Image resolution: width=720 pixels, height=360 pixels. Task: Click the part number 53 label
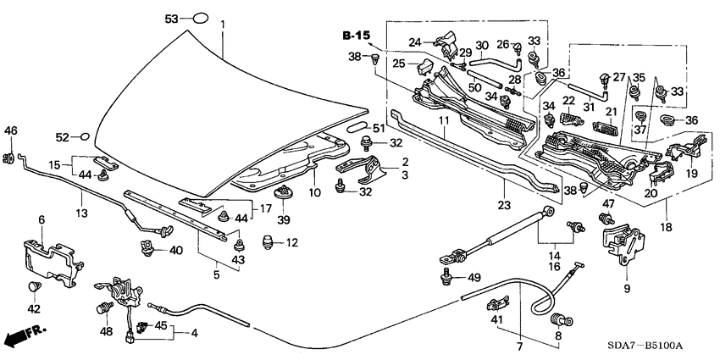[172, 18]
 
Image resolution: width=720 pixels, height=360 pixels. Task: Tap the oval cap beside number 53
[199, 17]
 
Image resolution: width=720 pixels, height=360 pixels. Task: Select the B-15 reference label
[357, 36]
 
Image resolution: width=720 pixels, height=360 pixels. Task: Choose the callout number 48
[108, 331]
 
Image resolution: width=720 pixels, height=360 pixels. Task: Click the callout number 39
[283, 220]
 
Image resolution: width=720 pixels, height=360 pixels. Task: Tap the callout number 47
[607, 205]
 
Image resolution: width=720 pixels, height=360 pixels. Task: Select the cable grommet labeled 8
[558, 321]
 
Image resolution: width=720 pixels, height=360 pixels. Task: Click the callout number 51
[378, 128]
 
